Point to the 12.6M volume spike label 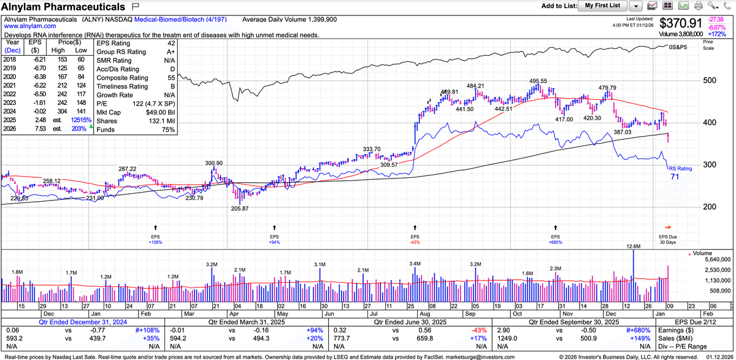634,247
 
